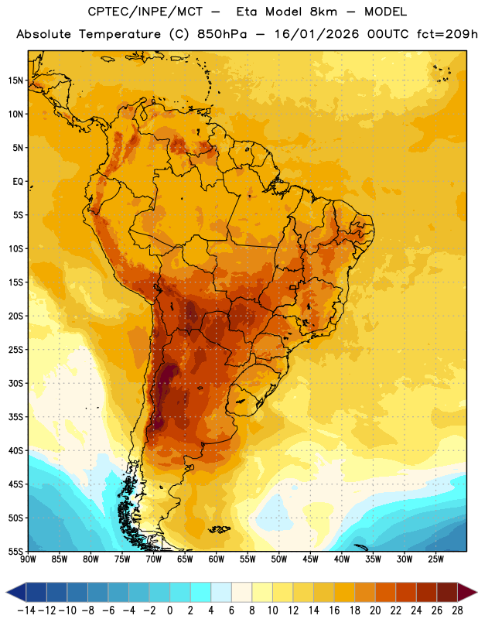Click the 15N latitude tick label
pyautogui.click(x=15, y=80)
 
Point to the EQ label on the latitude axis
pyautogui.click(x=18, y=182)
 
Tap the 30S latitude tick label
pyautogui.click(x=15, y=383)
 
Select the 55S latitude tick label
pyautogui.click(x=15, y=552)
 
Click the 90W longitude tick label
pyautogui.click(x=28, y=559)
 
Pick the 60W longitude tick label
pyautogui.click(x=217, y=559)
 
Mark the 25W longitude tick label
pyautogui.click(x=435, y=559)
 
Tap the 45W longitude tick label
pyautogui.click(x=310, y=559)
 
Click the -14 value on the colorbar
pyautogui.click(x=26, y=610)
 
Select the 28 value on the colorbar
pyautogui.click(x=457, y=610)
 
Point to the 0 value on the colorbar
pyautogui.click(x=169, y=610)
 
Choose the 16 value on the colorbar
pyautogui.click(x=334, y=610)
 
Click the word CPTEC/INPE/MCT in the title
pyautogui.click(x=145, y=12)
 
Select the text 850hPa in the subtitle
pyautogui.click(x=222, y=34)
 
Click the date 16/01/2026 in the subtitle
pyautogui.click(x=316, y=34)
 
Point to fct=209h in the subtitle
pyautogui.click(x=447, y=34)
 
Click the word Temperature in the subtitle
pyautogui.click(x=120, y=35)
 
